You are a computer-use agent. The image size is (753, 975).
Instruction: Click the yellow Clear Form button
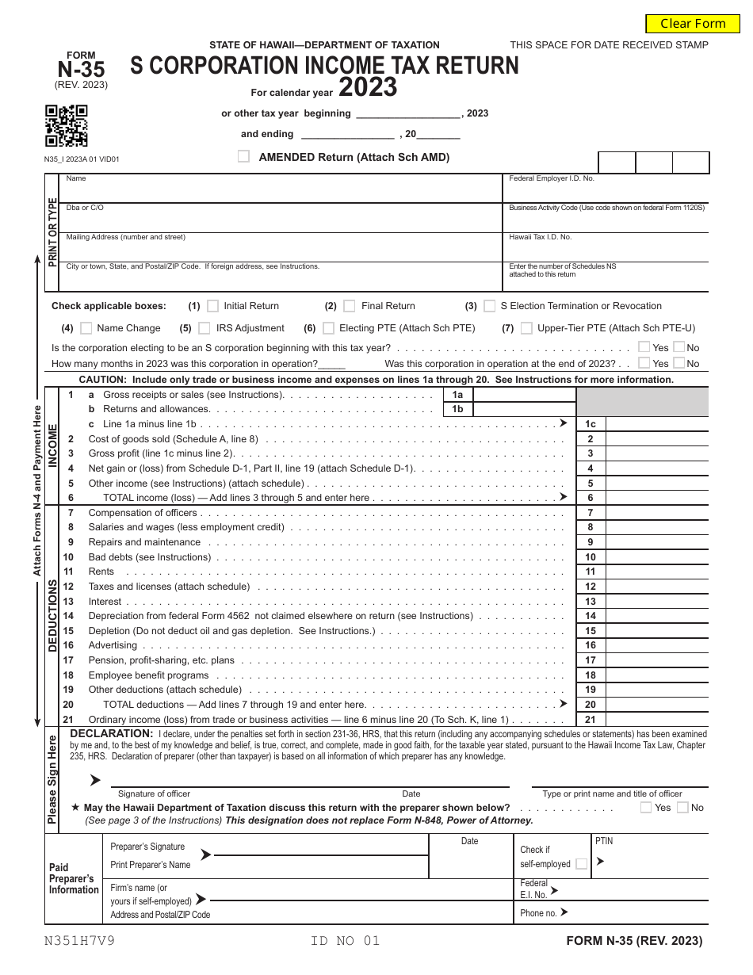click(x=692, y=24)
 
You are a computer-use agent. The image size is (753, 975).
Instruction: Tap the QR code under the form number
click(x=66, y=126)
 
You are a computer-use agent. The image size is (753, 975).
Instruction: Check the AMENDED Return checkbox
click(x=244, y=157)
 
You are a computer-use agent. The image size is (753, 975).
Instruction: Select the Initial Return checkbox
click(x=212, y=306)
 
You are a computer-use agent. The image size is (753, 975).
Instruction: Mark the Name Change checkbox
click(x=86, y=328)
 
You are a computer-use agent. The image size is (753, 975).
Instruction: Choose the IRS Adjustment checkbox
click(x=204, y=328)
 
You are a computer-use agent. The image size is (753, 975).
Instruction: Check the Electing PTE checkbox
click(x=327, y=328)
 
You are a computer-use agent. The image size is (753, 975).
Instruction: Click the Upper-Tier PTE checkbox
click(x=526, y=328)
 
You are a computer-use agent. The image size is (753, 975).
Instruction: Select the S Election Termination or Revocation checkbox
click(x=489, y=306)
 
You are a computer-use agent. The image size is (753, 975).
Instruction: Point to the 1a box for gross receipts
click(x=457, y=395)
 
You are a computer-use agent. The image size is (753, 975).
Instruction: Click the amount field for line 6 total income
click(x=657, y=498)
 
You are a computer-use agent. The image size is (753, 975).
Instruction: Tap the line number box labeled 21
click(x=590, y=720)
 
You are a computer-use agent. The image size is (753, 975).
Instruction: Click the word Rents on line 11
click(x=101, y=572)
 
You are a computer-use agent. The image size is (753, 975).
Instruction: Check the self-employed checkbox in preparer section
click(x=582, y=864)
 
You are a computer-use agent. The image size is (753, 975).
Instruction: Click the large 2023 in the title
click(x=368, y=86)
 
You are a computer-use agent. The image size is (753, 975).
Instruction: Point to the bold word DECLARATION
click(x=111, y=734)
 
